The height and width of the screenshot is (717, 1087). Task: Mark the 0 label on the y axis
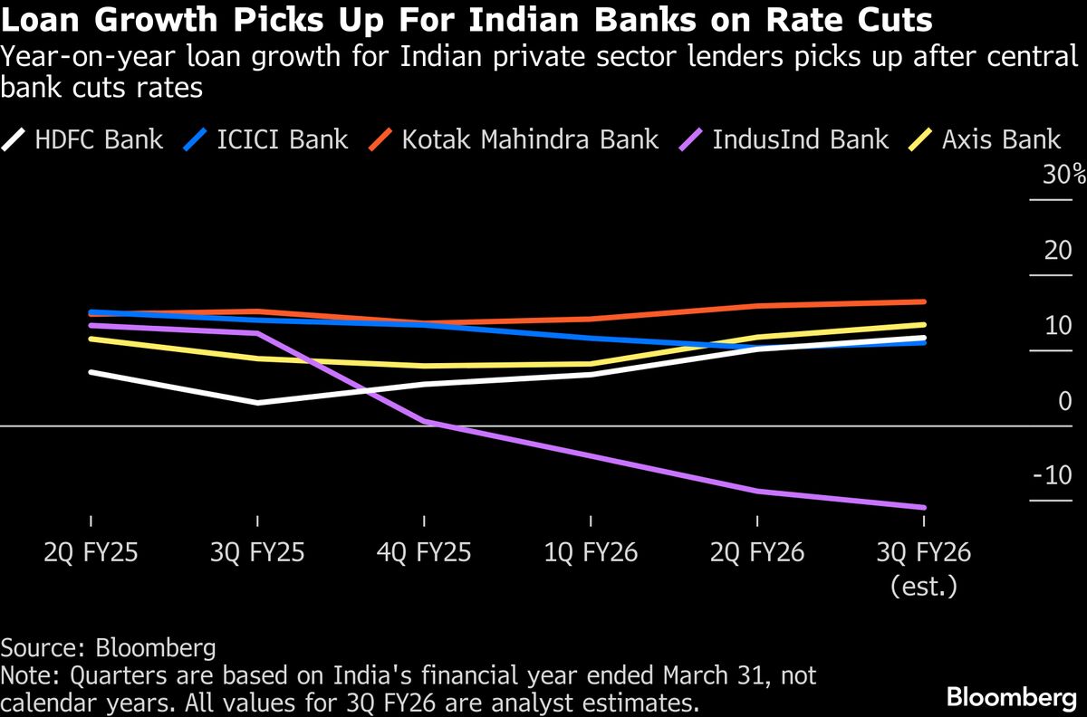coord(1064,401)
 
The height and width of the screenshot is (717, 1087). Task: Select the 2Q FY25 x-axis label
coord(91,552)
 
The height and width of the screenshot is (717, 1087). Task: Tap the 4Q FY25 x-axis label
coord(424,552)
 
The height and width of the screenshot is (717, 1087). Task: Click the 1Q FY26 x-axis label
coord(591,552)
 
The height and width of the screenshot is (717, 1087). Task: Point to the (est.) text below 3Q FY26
coord(923,586)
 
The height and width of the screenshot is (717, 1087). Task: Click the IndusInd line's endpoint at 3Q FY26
coord(923,507)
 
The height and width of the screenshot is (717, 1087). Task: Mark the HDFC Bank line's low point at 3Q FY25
coord(258,403)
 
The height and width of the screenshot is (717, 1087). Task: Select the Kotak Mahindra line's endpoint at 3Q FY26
coord(923,301)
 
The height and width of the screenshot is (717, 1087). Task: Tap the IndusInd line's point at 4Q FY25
coord(424,422)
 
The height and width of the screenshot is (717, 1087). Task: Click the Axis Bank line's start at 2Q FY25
coord(91,339)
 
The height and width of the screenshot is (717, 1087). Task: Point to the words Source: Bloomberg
coord(109,648)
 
